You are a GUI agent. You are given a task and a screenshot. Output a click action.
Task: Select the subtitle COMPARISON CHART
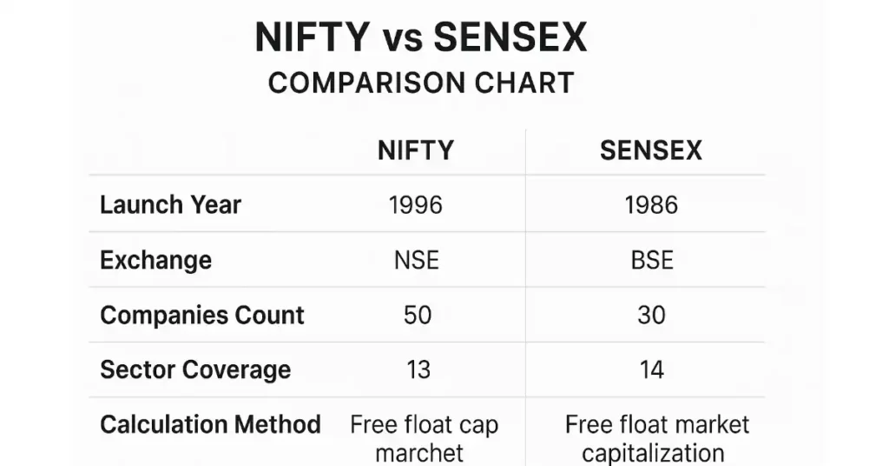click(421, 83)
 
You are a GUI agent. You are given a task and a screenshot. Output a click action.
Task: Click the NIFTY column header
click(416, 150)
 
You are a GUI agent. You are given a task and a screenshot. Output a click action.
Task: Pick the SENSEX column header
click(651, 150)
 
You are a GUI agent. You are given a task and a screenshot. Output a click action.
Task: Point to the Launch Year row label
click(171, 205)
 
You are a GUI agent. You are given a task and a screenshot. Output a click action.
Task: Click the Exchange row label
click(156, 260)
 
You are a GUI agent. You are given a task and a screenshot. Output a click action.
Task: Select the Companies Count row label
click(202, 315)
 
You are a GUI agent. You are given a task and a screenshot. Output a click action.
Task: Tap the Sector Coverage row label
click(195, 369)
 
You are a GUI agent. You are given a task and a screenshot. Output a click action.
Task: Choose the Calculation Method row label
click(210, 424)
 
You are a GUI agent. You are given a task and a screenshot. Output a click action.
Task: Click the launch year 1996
click(416, 205)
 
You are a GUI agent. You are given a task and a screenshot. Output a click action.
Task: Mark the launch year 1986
click(651, 205)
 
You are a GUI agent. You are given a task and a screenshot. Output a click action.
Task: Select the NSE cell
click(416, 260)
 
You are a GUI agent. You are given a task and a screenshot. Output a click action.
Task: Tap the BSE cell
click(651, 260)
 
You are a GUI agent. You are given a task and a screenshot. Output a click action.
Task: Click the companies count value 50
click(418, 315)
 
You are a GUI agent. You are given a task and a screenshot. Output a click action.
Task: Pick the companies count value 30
click(651, 315)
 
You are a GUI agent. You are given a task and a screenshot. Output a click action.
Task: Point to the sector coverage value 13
click(418, 369)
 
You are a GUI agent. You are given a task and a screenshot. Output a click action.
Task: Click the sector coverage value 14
click(651, 369)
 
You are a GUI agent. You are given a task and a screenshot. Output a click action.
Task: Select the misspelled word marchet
click(420, 453)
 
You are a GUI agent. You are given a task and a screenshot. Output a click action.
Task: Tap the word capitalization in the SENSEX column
click(653, 453)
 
